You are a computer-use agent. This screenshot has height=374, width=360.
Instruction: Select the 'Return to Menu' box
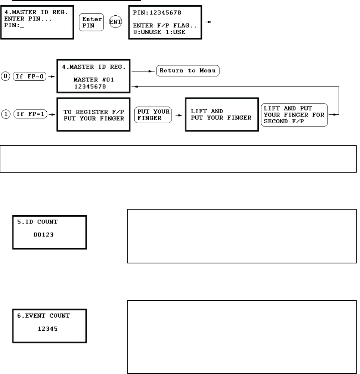click(x=187, y=70)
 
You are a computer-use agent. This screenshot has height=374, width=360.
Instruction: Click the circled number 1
click(x=6, y=115)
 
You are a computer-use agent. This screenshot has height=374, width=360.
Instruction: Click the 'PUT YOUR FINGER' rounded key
click(x=153, y=115)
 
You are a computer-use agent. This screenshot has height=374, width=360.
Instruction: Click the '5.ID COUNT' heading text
click(x=34, y=222)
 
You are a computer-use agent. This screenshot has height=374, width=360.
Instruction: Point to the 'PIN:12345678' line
click(x=157, y=13)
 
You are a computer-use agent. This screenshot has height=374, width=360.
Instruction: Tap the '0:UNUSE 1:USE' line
click(x=158, y=32)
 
